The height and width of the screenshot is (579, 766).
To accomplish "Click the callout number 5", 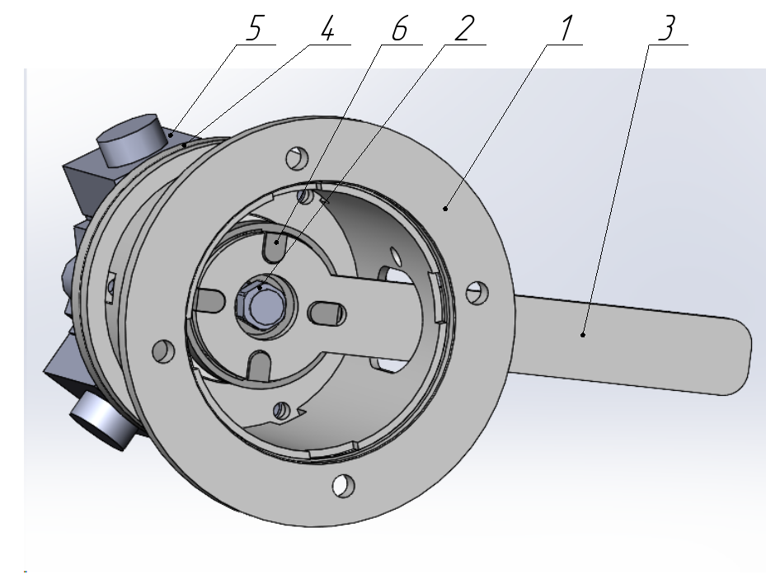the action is [254, 28].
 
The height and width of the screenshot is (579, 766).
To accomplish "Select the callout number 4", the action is [328, 28].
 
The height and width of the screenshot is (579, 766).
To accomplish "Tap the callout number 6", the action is [400, 28].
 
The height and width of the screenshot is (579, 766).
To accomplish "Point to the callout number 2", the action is [464, 28].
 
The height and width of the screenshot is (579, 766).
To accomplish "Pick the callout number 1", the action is [566, 28].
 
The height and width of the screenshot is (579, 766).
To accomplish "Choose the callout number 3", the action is [667, 28].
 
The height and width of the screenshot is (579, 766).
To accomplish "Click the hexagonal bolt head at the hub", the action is [259, 303].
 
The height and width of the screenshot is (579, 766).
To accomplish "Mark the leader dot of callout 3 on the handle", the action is [583, 335].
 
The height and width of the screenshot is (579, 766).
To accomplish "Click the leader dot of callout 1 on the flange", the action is [445, 209].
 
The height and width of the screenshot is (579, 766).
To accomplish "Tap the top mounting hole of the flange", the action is [297, 158].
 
